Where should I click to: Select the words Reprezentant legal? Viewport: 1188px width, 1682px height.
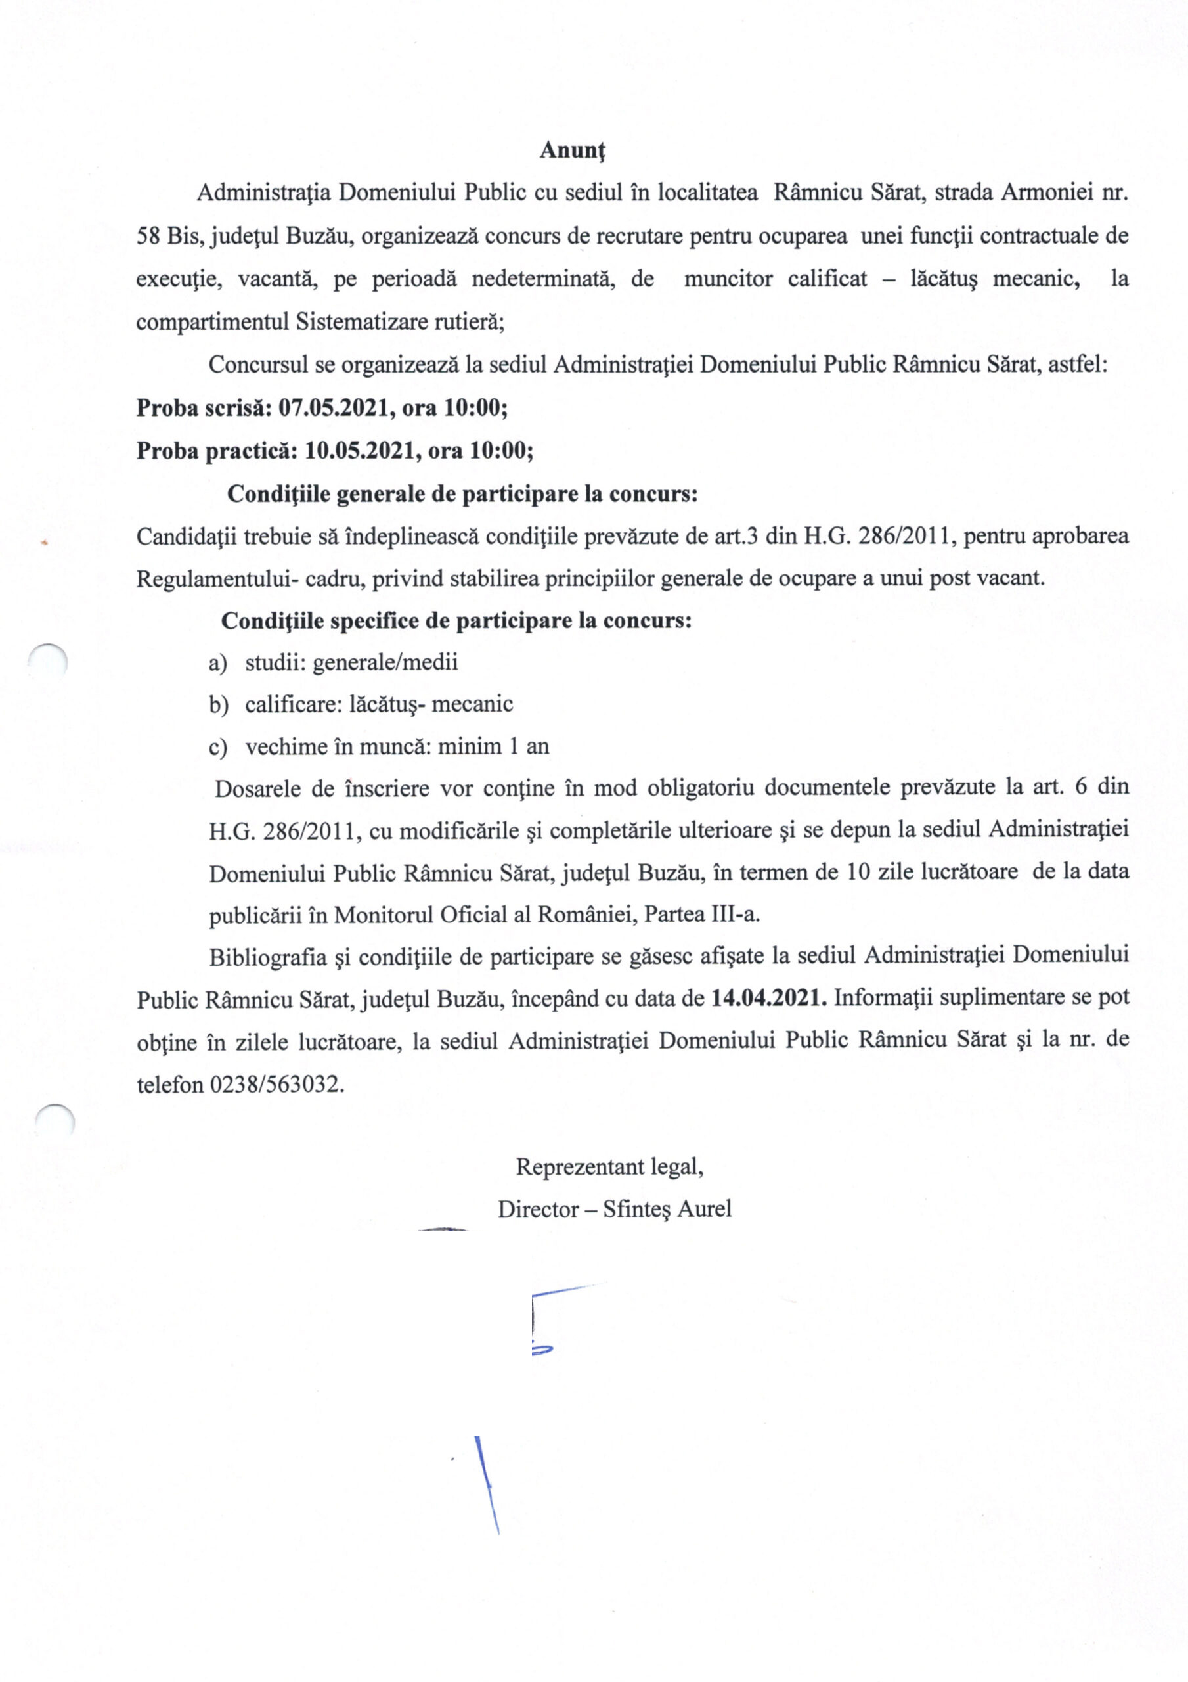click(x=609, y=1166)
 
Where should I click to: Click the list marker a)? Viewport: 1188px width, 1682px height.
click(x=217, y=663)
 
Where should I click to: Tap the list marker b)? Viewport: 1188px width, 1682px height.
click(x=218, y=705)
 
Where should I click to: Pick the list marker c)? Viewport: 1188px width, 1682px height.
click(x=217, y=747)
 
